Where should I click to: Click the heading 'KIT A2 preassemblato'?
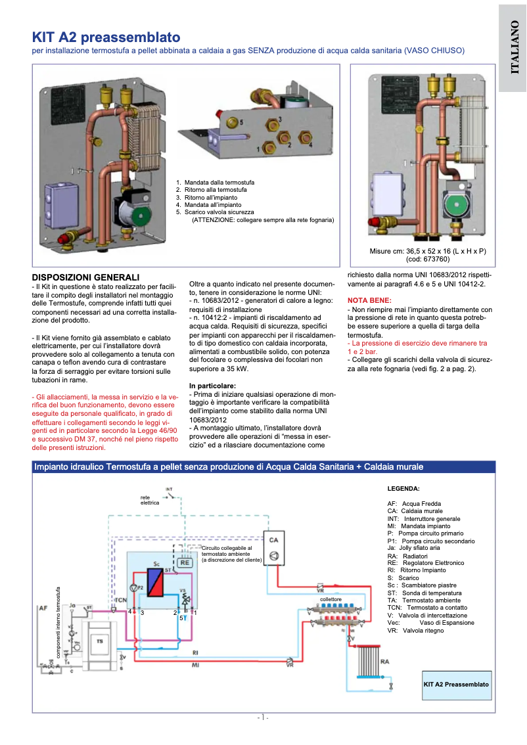(106, 37)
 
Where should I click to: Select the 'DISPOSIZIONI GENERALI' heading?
(86, 277)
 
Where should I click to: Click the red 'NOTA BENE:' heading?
(369, 300)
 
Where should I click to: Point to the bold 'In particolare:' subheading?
(212, 385)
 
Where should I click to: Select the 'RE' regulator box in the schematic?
(185, 562)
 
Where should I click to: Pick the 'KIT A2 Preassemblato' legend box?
(456, 684)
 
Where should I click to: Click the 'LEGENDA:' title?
(403, 489)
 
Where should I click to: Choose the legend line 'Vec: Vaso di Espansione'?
(430, 622)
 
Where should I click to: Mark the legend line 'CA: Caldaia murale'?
(415, 510)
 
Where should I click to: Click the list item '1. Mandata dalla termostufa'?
(215, 182)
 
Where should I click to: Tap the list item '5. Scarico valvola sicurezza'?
(215, 212)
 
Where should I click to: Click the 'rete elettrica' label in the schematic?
(150, 500)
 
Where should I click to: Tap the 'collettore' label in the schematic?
(331, 600)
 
